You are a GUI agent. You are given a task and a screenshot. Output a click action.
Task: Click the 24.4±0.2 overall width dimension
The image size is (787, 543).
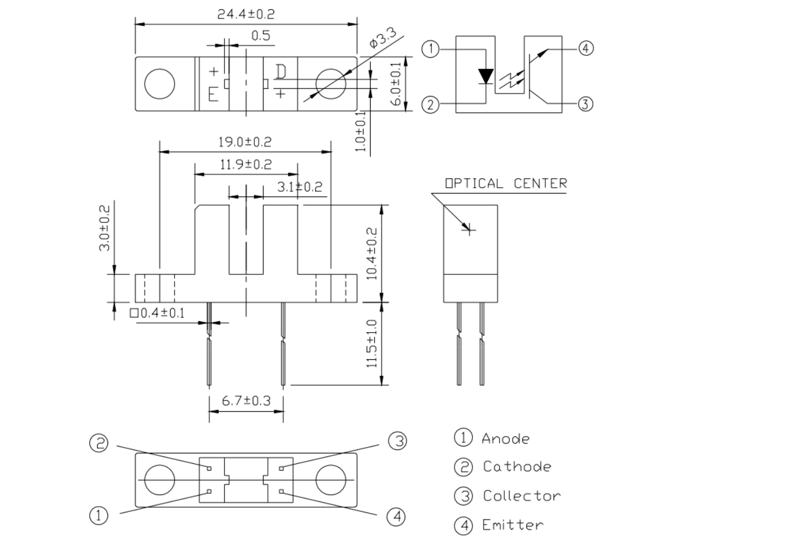(246, 14)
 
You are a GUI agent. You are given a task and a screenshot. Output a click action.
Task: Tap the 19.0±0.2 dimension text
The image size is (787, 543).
(245, 142)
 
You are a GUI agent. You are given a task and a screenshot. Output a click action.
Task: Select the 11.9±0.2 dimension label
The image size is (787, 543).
(246, 165)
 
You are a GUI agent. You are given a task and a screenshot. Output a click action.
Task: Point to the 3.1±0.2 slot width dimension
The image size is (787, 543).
(300, 187)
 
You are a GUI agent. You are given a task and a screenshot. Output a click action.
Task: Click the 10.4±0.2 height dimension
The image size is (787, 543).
(371, 254)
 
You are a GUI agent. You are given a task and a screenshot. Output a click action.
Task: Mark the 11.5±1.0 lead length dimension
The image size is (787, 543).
(371, 344)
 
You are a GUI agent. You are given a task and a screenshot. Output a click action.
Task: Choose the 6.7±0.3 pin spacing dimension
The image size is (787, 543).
(246, 400)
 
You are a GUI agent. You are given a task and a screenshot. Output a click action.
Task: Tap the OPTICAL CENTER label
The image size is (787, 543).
(506, 184)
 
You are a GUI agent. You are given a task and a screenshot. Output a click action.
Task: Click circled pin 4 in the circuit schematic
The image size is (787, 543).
(585, 48)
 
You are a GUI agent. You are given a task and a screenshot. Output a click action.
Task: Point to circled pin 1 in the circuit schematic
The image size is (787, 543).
(430, 49)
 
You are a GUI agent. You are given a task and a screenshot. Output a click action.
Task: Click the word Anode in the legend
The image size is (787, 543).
(505, 439)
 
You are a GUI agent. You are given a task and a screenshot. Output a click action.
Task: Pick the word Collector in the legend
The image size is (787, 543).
(522, 496)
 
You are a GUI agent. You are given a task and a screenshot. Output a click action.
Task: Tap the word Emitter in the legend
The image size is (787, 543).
(513, 525)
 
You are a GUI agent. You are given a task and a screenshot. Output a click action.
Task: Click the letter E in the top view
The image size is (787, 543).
(213, 94)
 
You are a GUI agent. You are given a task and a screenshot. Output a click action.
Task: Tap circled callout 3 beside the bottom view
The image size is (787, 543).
(397, 441)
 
